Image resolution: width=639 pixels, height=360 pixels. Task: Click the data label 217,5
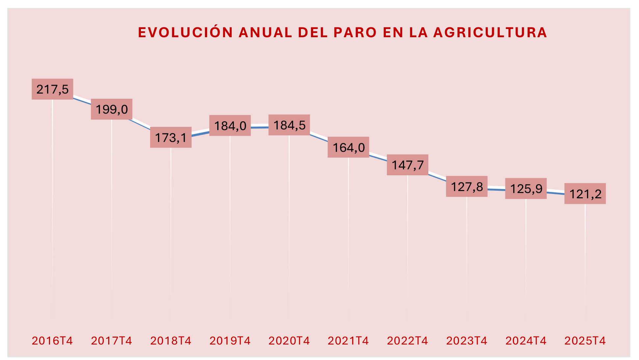tap(52, 89)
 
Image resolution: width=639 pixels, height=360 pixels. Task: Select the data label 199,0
tap(112, 109)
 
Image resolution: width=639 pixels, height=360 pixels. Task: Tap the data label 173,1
tap(171, 137)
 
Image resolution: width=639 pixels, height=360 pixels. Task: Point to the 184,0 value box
tap(230, 125)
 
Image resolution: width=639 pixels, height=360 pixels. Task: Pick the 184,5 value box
tap(289, 125)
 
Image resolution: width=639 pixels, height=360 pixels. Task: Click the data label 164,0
tap(348, 147)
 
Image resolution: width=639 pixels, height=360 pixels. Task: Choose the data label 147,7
tap(408, 165)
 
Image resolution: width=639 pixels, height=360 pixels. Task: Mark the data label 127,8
tap(467, 187)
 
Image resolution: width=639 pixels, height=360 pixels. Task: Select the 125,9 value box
tap(526, 188)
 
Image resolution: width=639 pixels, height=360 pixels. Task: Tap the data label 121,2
tap(585, 194)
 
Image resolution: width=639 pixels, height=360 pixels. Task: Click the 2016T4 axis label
tap(52, 341)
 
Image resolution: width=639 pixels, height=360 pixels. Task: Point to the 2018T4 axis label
tap(171, 341)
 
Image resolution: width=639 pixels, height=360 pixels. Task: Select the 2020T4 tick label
tap(289, 341)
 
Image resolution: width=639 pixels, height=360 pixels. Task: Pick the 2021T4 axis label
tap(348, 341)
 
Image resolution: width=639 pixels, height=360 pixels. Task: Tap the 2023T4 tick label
tap(467, 341)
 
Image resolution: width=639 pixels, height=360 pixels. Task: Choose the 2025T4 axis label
tap(585, 341)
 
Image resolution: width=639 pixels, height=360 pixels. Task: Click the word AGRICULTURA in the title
tap(490, 32)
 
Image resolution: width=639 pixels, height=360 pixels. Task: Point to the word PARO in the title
tap(355, 32)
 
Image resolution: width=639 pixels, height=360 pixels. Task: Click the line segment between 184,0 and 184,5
tap(260, 127)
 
